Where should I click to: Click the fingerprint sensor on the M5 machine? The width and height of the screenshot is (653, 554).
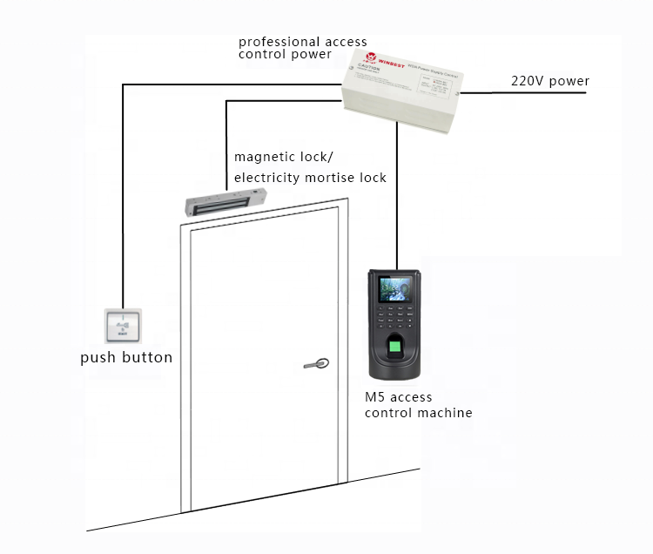coord(397,350)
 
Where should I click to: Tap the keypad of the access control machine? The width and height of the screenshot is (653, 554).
coord(397,317)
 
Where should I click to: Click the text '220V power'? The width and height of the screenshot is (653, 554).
coord(549,82)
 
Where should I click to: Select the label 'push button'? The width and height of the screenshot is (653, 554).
coord(126,357)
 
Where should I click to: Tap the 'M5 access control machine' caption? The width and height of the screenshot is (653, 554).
coord(418,405)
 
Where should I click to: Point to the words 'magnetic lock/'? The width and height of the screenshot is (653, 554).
coord(283,157)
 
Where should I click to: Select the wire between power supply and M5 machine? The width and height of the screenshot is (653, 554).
coord(397,192)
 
